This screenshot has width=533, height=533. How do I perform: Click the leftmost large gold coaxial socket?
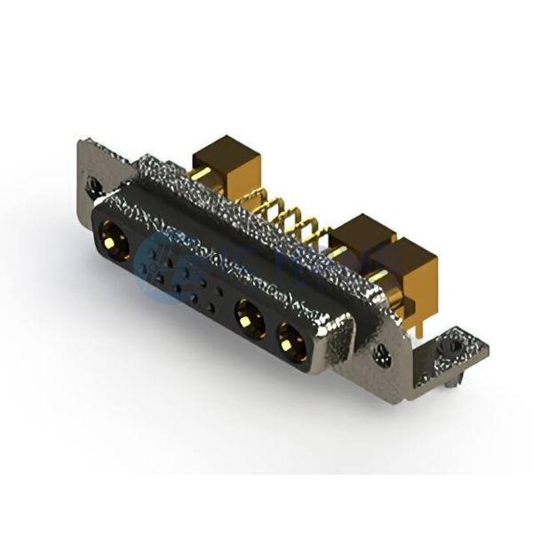(115, 241)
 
